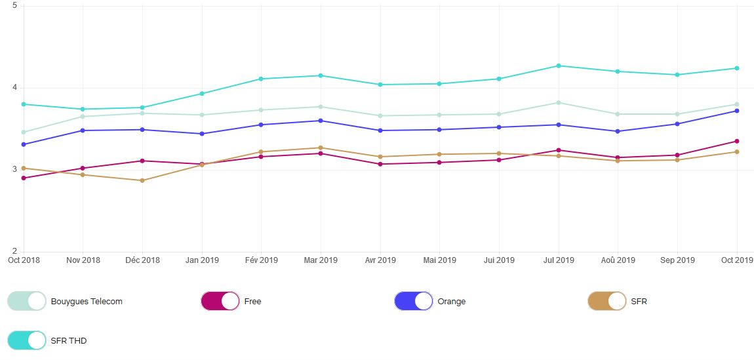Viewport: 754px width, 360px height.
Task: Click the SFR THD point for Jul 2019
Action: [558, 66]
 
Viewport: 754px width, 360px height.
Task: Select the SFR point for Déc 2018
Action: [142, 180]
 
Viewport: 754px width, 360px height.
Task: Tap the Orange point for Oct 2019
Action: [736, 111]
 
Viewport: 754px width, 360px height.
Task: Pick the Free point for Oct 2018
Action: [24, 178]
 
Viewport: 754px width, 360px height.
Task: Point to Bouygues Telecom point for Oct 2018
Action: [24, 132]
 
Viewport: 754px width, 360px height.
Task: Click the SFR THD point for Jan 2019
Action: [202, 94]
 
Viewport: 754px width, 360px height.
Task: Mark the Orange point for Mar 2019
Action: [321, 121]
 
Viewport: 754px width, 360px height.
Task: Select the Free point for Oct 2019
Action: [736, 141]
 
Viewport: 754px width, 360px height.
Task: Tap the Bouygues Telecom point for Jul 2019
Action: [558, 102]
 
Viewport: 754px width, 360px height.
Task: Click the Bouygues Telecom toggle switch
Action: [27, 301]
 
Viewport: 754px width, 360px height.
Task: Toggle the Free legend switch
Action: [220, 301]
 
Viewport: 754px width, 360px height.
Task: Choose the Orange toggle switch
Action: [414, 301]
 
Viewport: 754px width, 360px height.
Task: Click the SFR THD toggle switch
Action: [27, 340]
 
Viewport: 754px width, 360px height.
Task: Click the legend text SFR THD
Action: [69, 341]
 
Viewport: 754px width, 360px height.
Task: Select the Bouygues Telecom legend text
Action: [87, 302]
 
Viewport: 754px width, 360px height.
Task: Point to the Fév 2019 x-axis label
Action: [261, 260]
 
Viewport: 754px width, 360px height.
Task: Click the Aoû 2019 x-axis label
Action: [618, 260]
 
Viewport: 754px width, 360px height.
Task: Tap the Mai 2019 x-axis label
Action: [439, 260]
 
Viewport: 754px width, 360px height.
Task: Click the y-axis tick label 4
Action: [15, 88]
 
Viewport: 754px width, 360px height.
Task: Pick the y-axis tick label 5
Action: [15, 6]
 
